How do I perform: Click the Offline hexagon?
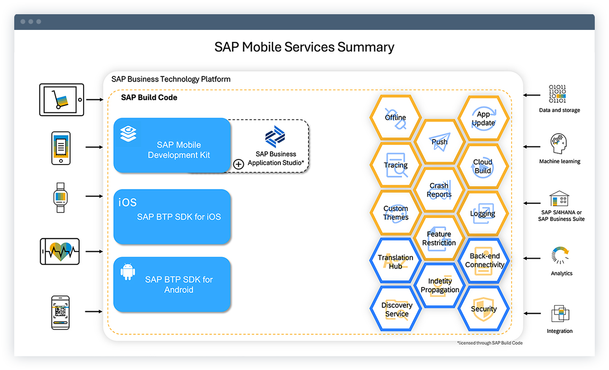396,118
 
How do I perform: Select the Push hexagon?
439,142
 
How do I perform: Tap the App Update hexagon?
483,119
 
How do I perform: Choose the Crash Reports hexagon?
439,190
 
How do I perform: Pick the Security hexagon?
483,309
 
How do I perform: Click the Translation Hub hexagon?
396,262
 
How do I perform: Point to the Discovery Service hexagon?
397,309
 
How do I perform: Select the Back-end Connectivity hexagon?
484,260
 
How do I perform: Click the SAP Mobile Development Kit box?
172,145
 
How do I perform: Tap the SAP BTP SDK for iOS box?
172,217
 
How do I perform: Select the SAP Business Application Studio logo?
275,138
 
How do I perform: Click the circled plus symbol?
239,164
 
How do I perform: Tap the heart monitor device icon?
60,251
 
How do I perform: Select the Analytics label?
562,273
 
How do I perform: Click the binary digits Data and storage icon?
558,94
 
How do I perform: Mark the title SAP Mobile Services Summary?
304,47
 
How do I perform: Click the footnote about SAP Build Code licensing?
489,343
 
